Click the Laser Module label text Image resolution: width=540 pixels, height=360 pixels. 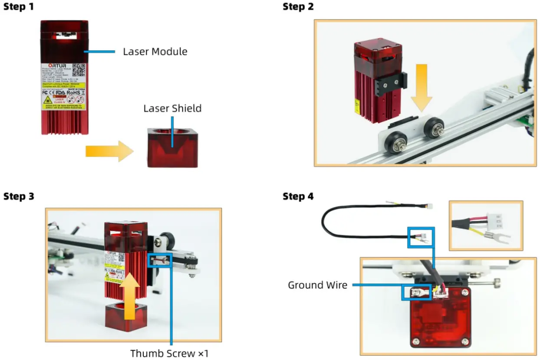pos(155,52)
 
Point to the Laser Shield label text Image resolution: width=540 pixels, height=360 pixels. pos(172,108)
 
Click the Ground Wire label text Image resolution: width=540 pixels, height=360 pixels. pos(317,285)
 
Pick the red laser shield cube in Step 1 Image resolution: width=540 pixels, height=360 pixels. pos(172,148)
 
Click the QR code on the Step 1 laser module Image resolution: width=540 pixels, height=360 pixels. pos(78,69)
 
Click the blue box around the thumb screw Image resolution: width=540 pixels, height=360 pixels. pos(160,260)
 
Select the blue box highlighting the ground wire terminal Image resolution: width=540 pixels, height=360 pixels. pos(417,292)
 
